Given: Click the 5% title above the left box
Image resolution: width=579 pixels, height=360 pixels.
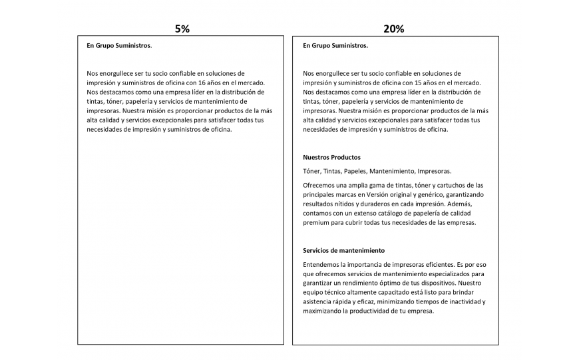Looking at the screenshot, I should (x=182, y=29).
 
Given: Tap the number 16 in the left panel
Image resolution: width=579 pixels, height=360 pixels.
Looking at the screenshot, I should (x=203, y=83).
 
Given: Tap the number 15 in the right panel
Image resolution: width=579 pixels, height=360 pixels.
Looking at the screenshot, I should (x=419, y=83).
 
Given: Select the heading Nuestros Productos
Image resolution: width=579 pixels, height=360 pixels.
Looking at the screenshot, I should (x=331, y=157).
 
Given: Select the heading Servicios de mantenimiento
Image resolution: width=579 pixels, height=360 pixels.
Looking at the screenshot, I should (x=343, y=250).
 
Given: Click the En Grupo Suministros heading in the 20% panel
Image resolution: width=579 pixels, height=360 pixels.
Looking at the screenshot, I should (x=335, y=46).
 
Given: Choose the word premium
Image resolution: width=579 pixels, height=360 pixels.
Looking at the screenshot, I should (x=316, y=222).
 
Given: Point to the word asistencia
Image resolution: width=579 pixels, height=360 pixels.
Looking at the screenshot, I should (x=318, y=301).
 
